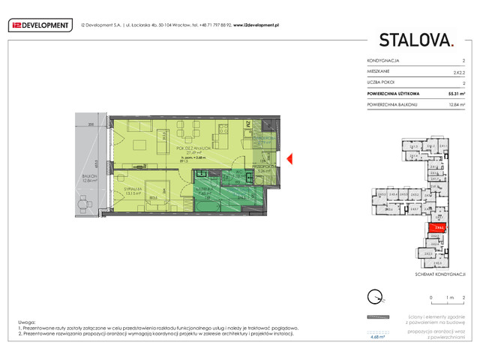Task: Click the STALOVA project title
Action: [x=416, y=40]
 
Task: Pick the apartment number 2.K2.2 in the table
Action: [x=458, y=72]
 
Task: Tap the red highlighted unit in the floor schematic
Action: [x=436, y=226]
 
